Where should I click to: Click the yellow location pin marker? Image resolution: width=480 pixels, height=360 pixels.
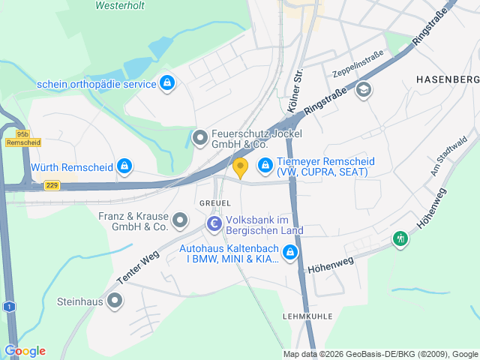[x=240, y=167]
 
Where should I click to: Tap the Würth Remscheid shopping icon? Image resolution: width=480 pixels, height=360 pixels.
[x=125, y=165]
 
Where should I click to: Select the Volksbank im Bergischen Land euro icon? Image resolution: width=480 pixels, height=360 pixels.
[x=214, y=223]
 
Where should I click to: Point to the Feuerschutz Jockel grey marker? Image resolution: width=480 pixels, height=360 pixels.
[x=199, y=138]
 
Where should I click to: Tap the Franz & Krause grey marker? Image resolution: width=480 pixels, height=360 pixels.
[x=180, y=220]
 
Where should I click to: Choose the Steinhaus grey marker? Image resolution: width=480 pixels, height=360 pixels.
[x=114, y=301]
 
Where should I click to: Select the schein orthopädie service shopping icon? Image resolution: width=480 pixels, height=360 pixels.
[x=167, y=83]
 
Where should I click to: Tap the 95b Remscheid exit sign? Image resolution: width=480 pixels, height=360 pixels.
[x=22, y=138]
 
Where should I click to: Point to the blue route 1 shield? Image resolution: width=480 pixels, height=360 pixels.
[x=8, y=306]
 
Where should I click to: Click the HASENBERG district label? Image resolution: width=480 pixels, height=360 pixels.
[x=446, y=79]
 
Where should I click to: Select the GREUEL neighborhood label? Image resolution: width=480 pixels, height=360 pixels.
[x=214, y=203]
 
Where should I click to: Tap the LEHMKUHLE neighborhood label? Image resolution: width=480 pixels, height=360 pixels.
[x=307, y=316]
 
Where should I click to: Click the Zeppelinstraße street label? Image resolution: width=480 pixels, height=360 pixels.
[x=358, y=65]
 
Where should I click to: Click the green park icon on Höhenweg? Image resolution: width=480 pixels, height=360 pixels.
[x=400, y=239]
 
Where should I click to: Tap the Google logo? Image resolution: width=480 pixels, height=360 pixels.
[x=25, y=351]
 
